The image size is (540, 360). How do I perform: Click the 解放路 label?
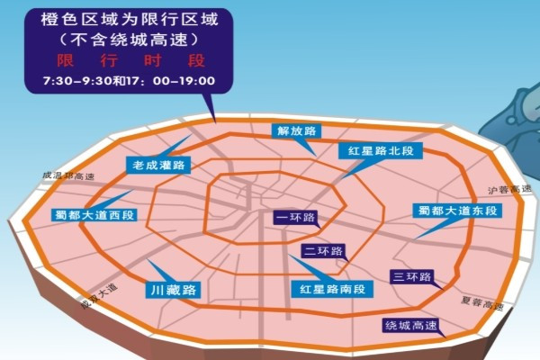click(299, 130)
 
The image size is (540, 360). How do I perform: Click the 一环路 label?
click(295, 217)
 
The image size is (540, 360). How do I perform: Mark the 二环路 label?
click(321, 251)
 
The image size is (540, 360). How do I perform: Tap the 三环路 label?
click(410, 276)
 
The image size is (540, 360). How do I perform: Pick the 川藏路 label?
click(172, 290)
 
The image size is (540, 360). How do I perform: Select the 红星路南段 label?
click(333, 289)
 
